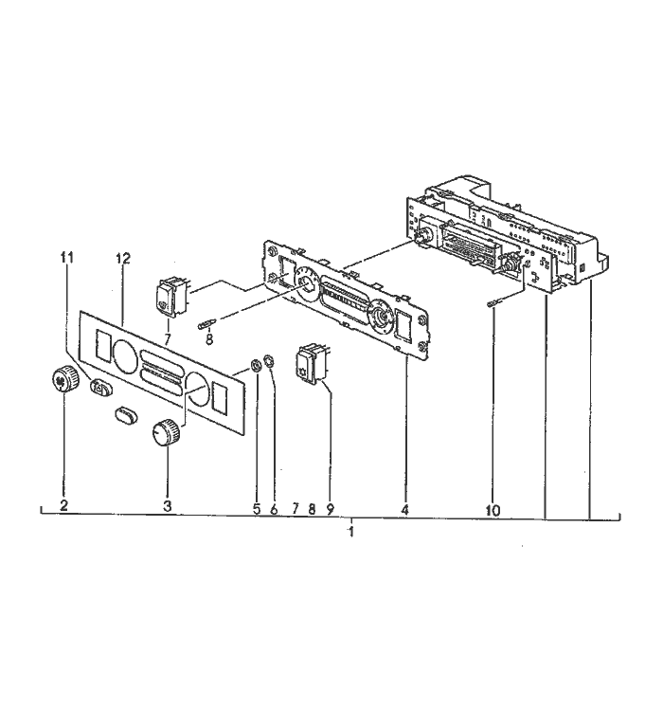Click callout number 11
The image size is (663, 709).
coord(67,258)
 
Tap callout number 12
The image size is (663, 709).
coord(123,258)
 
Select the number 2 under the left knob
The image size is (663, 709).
coord(63,505)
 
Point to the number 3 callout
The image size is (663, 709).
coord(168,506)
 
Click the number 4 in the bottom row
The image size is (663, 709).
coord(404,510)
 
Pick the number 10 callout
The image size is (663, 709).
coord(493,511)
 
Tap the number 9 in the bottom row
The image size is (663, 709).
coord(330,509)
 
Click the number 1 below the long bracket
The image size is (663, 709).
coord(351,532)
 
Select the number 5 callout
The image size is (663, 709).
coord(257,509)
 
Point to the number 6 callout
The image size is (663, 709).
coord(274,510)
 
